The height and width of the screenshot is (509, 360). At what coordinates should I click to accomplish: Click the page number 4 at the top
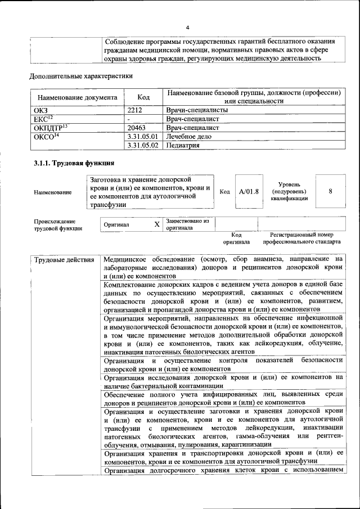[x=188, y=27]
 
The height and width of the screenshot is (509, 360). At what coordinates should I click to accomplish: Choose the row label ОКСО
[x=46, y=136]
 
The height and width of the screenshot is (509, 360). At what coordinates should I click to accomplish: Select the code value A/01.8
[x=248, y=192]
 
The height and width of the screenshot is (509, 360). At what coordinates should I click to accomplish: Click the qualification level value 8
[x=330, y=191]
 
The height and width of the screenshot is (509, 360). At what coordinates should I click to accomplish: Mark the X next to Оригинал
[x=157, y=224]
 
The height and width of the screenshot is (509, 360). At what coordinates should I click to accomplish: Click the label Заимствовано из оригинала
[x=187, y=224]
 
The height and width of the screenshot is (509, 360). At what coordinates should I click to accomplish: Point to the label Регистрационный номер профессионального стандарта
[x=301, y=238]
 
